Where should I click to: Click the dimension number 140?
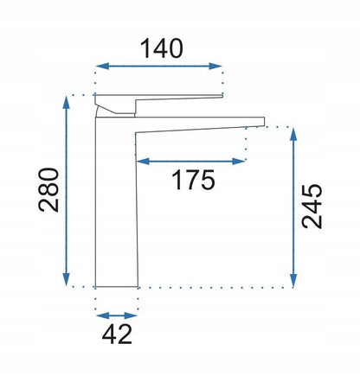click(x=162, y=48)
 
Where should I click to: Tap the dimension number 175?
click(x=194, y=180)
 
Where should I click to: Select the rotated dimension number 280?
click(x=48, y=190)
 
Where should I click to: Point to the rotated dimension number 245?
click(x=312, y=207)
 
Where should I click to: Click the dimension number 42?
click(x=118, y=334)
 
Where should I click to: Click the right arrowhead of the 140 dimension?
click(x=215, y=66)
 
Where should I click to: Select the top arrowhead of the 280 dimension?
click(x=67, y=103)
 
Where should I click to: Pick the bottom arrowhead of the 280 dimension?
click(x=67, y=280)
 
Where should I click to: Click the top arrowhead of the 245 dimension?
click(x=293, y=134)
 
